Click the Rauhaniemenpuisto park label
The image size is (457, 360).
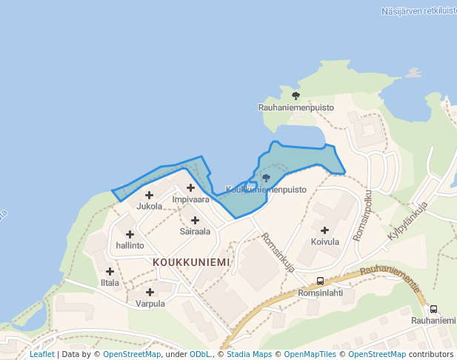click(x=296, y=107)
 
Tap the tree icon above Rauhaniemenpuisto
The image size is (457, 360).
click(x=296, y=96)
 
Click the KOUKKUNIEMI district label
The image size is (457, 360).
click(x=191, y=262)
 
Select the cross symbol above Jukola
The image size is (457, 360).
click(x=149, y=195)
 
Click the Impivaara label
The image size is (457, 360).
click(x=190, y=200)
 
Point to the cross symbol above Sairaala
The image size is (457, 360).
click(x=195, y=220)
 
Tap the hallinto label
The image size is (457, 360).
click(x=130, y=245)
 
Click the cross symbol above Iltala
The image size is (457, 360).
click(x=110, y=272)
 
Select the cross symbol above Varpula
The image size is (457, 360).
click(x=150, y=292)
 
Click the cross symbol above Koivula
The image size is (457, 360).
click(x=324, y=230)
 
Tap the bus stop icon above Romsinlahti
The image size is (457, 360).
click(x=320, y=281)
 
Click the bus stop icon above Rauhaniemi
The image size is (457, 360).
click(x=433, y=309)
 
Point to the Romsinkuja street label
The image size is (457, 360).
click(x=278, y=253)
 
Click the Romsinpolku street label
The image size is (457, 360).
click(x=364, y=214)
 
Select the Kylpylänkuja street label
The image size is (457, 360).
click(x=409, y=221)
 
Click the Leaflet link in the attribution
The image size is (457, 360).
click(x=41, y=354)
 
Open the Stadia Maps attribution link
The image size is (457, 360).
click(x=249, y=354)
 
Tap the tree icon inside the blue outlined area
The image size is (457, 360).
click(x=267, y=178)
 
